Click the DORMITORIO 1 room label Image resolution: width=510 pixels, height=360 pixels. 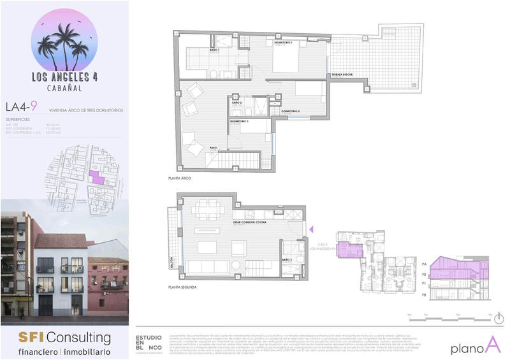point(283,43)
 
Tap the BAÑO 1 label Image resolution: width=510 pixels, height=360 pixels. point(214,49)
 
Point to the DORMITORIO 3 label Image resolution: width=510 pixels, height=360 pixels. point(239,120)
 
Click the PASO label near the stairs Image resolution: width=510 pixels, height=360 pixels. point(213,148)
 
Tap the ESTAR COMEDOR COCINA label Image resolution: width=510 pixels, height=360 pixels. point(249,222)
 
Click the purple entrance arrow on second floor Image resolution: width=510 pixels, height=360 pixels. point(312,229)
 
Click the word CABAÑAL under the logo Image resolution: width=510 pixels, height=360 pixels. point(64,89)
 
